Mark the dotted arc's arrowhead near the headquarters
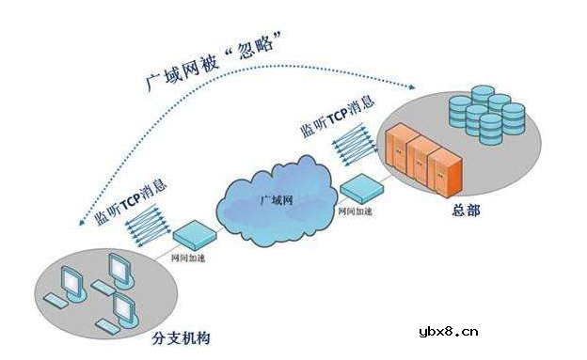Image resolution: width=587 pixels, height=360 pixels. coord(413,86)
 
